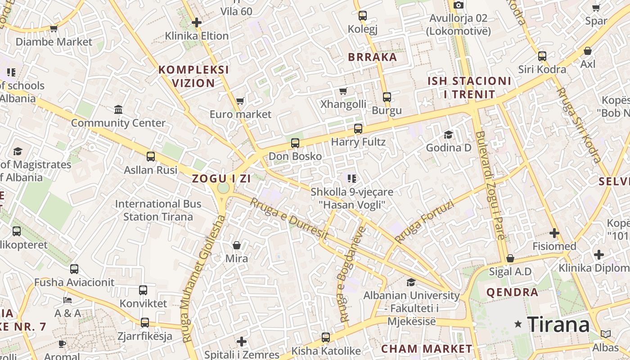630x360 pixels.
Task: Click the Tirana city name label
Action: [558, 324]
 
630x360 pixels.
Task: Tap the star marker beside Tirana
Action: [518, 324]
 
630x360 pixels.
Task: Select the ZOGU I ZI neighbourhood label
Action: [221, 178]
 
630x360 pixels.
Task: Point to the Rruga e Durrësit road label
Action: [288, 219]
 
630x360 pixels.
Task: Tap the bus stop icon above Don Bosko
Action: [295, 143]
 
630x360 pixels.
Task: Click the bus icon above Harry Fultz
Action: [358, 129]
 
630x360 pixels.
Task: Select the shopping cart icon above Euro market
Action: [240, 101]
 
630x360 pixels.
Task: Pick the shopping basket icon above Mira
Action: [237, 245]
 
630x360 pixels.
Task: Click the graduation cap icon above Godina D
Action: [448, 135]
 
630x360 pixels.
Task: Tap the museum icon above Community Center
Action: [118, 109]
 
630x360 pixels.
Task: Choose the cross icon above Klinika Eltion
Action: [196, 22]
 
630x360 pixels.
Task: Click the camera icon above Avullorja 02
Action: [458, 5]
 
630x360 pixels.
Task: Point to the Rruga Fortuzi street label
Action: [424, 221]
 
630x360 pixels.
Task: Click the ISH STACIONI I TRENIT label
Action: [469, 88]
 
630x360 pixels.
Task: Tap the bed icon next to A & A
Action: [67, 300]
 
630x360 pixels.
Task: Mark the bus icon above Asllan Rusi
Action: [151, 157]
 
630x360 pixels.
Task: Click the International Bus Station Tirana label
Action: [158, 210]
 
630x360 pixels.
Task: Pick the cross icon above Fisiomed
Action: [554, 233]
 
